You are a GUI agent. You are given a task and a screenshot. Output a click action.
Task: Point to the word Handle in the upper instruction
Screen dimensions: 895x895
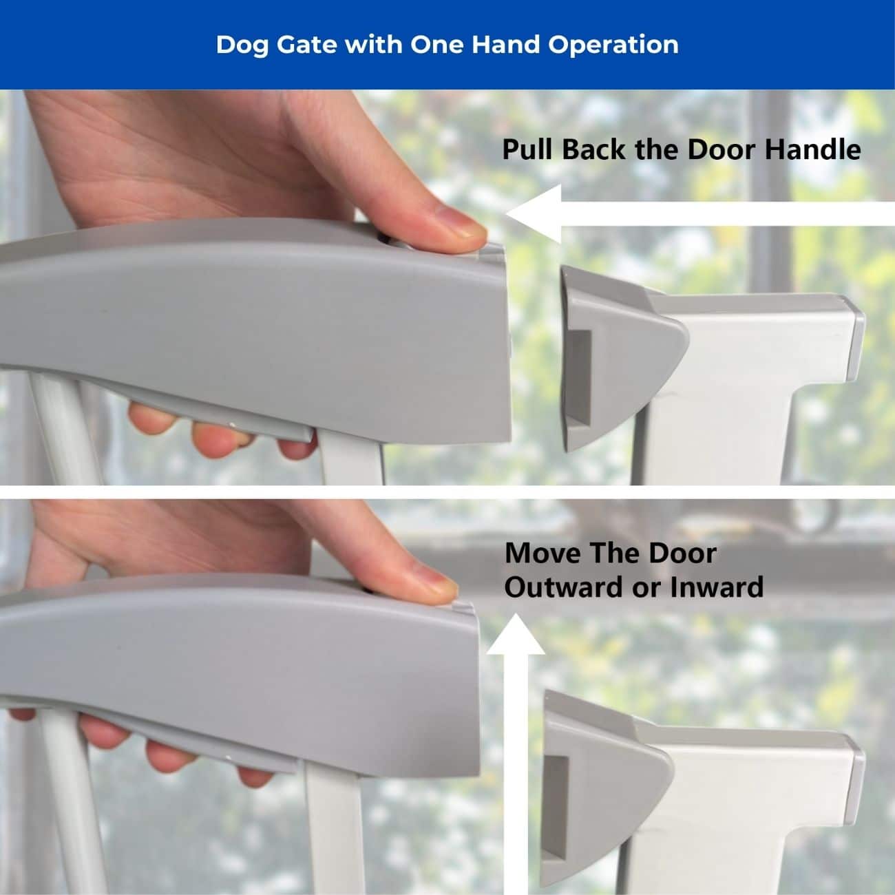tap(813, 149)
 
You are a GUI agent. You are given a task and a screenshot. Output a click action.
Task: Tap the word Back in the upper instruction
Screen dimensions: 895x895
tap(593, 149)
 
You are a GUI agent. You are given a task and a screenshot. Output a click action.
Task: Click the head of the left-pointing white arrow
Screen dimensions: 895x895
tap(534, 213)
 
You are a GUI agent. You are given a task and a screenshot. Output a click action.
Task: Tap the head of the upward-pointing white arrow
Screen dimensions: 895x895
tap(516, 635)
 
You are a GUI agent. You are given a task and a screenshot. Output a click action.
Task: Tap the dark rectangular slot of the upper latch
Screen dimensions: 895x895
tap(579, 378)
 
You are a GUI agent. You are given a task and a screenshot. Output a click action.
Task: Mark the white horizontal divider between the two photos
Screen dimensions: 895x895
tap(447, 492)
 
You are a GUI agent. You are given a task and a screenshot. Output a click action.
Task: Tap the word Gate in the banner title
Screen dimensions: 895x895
tap(306, 45)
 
